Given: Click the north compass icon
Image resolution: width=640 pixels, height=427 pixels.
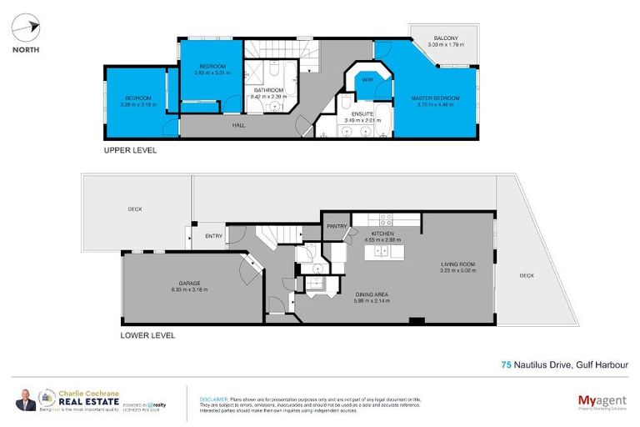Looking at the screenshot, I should tap(24, 28).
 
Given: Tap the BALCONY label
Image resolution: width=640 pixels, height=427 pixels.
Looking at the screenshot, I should tap(446, 38).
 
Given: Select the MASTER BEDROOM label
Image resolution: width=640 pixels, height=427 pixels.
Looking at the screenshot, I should tap(435, 98).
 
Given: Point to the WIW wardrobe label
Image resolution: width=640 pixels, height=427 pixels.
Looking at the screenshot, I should tap(367, 80).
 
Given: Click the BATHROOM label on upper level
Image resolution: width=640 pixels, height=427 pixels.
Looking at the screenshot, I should tap(268, 90).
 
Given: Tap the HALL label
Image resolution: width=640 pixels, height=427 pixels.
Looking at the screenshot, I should tap(238, 126).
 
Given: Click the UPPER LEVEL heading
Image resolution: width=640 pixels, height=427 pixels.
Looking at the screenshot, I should tap(129, 151).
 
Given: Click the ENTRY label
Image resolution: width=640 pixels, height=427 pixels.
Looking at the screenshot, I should tap(213, 236).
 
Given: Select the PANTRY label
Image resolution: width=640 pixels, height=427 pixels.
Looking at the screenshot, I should tap(336, 226).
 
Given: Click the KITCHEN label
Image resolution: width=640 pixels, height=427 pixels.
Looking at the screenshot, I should tap(370, 234).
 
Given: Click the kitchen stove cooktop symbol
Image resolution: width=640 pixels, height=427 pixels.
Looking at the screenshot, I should tap(386, 219).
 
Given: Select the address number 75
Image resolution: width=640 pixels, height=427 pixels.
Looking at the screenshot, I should tap(506, 364).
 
